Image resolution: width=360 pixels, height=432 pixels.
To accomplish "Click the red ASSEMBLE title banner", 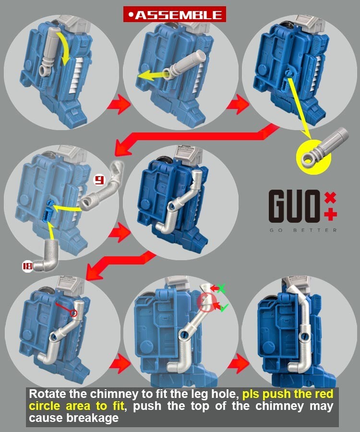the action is click(175, 14).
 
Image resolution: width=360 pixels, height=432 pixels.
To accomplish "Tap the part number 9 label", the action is click(99, 180).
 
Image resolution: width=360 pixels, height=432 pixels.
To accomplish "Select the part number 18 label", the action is click(27, 266).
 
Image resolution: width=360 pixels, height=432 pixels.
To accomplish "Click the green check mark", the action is click(224, 307).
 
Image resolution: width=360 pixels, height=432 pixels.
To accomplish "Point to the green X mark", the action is click(221, 288).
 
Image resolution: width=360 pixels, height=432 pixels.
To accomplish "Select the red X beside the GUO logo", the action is click(330, 198).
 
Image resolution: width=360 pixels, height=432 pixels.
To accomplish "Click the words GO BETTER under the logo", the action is click(303, 230).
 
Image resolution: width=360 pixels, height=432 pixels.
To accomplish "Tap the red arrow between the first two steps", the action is click(119, 104).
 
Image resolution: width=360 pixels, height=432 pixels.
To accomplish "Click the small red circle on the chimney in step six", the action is click(73, 313).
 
